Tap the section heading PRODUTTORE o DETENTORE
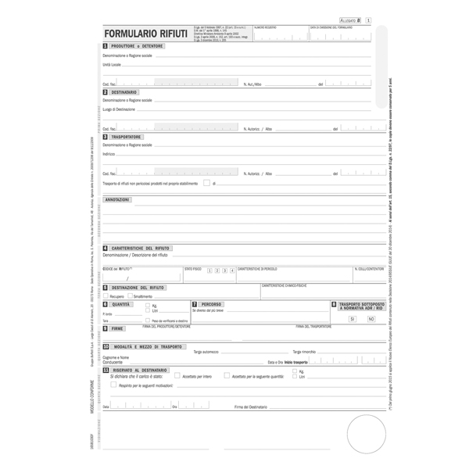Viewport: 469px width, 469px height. point(137,46)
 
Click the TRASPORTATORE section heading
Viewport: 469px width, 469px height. point(126,137)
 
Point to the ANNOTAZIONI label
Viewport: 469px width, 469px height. point(117,199)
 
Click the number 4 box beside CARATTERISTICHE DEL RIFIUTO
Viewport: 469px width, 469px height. point(106,248)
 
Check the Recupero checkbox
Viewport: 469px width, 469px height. point(106,296)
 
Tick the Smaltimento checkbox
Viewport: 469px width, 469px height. point(130,296)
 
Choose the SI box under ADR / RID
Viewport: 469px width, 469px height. point(353,319)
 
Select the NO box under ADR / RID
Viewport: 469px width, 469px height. point(371,319)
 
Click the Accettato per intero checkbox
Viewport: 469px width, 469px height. point(177,376)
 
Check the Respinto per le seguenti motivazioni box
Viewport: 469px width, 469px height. point(113,385)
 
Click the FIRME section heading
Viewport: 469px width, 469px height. point(117,329)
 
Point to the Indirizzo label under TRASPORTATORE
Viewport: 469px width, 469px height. point(109,154)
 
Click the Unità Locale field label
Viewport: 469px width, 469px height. point(112,65)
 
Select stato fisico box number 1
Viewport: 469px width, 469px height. point(209,270)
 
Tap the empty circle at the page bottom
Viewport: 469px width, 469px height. point(366,435)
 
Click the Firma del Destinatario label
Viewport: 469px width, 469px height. point(250,406)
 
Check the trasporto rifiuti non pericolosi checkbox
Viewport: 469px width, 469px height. point(206,183)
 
